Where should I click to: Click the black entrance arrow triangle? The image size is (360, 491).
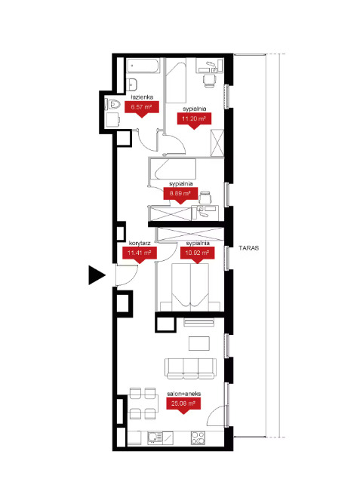click(x=97, y=275)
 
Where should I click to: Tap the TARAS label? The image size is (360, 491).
click(x=249, y=247)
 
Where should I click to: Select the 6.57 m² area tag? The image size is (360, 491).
click(x=142, y=109)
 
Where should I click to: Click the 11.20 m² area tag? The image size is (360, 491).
click(x=194, y=121)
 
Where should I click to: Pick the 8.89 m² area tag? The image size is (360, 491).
click(x=180, y=195)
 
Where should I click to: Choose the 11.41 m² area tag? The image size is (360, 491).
click(x=140, y=254)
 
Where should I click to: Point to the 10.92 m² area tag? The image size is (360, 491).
click(x=198, y=254)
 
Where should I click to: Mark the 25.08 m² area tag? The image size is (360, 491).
click(x=183, y=405)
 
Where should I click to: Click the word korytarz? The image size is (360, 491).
click(x=140, y=243)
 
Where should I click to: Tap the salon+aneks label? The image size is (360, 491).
click(x=184, y=394)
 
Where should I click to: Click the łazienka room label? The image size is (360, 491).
click(x=142, y=97)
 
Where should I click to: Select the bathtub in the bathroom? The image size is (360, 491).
click(x=143, y=66)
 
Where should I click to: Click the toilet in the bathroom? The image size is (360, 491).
click(x=112, y=104)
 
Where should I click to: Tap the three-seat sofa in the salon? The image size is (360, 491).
click(x=190, y=369)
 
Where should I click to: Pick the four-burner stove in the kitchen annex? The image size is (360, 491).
click(x=198, y=437)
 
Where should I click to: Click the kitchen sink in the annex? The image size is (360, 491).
click(x=155, y=437)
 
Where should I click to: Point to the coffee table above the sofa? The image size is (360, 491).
click(x=199, y=343)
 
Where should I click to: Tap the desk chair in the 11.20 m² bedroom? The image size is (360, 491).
click(x=209, y=80)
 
